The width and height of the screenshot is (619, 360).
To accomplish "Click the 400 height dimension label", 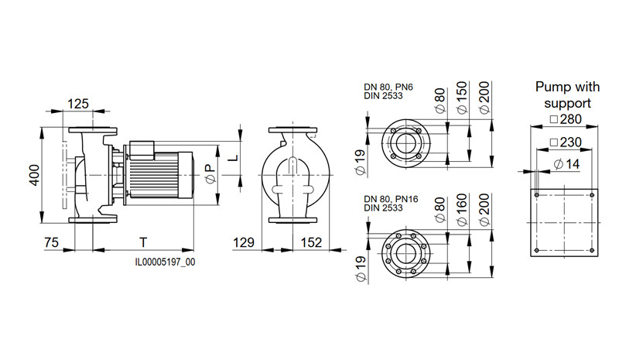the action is click(x=35, y=175).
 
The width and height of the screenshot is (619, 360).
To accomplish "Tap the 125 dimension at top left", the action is click(x=78, y=104).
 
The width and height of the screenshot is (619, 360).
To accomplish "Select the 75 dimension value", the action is click(x=51, y=242).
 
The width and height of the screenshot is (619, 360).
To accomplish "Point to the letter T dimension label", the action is click(x=143, y=242).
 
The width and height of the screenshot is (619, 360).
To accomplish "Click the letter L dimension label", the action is click(x=234, y=158).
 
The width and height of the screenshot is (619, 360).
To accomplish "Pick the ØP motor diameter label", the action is click(x=210, y=174).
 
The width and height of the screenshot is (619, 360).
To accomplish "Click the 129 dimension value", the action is click(x=244, y=242).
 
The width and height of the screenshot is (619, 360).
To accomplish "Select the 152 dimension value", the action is click(x=312, y=242).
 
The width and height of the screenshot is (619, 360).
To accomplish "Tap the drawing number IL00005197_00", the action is click(x=165, y=262).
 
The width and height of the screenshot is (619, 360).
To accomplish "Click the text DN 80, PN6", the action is click(x=388, y=87).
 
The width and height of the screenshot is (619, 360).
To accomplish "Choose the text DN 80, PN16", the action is click(x=391, y=199).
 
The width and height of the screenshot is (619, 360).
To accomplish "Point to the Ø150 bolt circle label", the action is click(x=461, y=98).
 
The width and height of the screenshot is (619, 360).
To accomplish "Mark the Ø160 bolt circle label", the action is click(x=461, y=211).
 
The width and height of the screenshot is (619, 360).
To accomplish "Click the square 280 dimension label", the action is click(x=566, y=119).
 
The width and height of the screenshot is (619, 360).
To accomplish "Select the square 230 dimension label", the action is click(x=566, y=142).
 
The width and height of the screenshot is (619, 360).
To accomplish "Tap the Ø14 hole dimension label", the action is click(x=566, y=164).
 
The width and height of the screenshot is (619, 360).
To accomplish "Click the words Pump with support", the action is click(x=567, y=95).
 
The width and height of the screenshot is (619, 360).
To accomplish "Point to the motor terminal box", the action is click(x=142, y=150).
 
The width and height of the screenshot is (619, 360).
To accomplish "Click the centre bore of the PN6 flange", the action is click(x=405, y=142).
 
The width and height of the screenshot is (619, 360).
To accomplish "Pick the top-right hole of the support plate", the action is click(x=592, y=195).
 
